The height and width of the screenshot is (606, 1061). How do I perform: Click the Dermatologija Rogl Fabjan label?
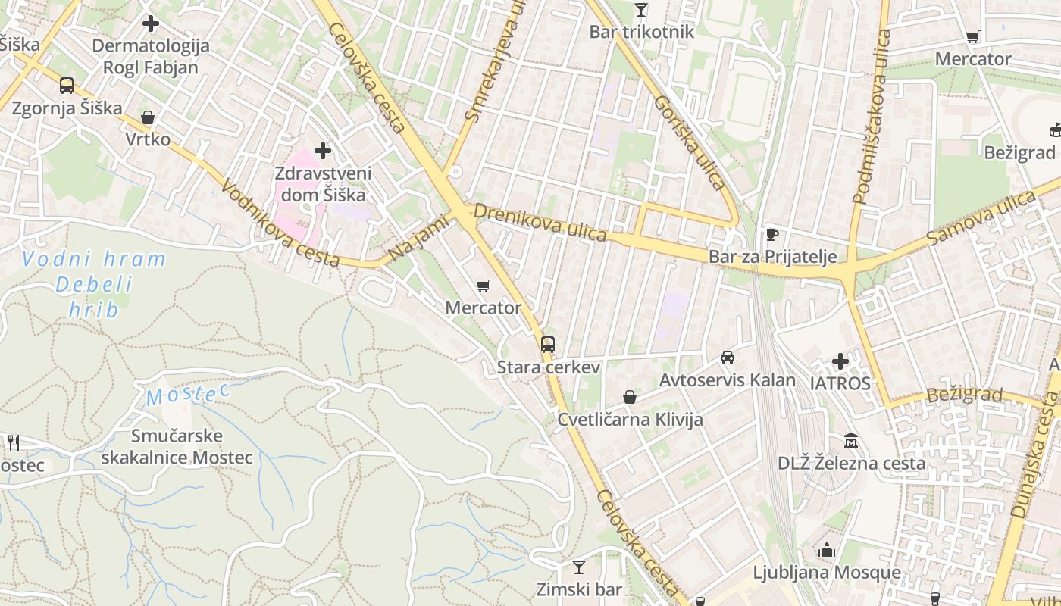click(x=150, y=56)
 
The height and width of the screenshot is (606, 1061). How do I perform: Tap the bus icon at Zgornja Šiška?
click(x=67, y=85)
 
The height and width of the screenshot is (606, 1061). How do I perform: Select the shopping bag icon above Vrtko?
click(x=148, y=117)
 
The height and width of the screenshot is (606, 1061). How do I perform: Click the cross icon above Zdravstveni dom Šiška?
click(x=323, y=151)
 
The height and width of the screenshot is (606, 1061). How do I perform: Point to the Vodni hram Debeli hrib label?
click(x=94, y=284)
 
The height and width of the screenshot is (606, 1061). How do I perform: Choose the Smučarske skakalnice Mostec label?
click(x=177, y=446)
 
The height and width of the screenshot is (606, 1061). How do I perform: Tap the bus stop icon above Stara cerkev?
click(x=547, y=345)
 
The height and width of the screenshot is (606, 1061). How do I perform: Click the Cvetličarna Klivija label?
click(x=630, y=419)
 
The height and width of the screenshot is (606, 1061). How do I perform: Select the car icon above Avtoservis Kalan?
click(x=727, y=358)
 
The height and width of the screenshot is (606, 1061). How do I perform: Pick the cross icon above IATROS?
click(x=840, y=361)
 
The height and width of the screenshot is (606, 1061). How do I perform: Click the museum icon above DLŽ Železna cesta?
click(x=851, y=441)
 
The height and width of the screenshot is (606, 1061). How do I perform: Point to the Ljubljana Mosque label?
click(x=827, y=572)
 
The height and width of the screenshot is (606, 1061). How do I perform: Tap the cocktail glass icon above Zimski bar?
click(x=579, y=567)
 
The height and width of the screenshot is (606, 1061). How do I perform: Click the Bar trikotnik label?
click(x=641, y=32)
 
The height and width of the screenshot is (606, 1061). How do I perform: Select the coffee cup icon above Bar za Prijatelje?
click(x=772, y=234)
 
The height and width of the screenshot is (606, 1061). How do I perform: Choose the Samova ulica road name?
click(x=981, y=218)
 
